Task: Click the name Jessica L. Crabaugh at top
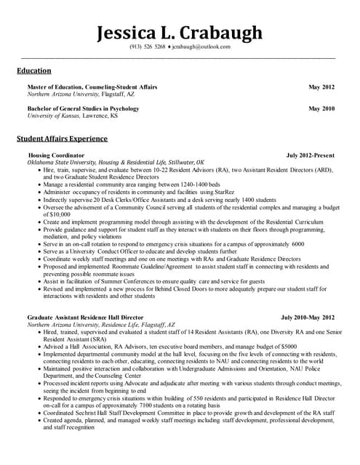180,33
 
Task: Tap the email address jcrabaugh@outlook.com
200,46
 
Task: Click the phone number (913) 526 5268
148,46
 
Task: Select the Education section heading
34,70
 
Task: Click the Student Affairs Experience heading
62,138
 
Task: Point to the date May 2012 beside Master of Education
321,87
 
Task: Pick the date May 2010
321,108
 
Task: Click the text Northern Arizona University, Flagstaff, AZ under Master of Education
81,94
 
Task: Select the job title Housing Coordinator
56,155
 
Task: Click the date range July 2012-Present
311,155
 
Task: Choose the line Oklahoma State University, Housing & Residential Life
116,163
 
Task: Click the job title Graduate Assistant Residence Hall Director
85,318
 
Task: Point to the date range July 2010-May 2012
308,318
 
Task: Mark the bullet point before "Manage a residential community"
39,185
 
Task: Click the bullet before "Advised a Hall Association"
39,347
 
